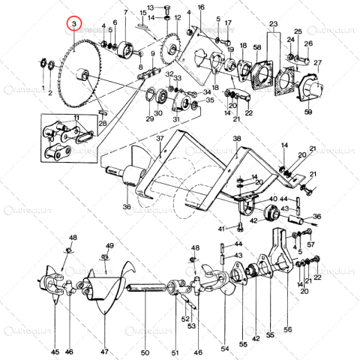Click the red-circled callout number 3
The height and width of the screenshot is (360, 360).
point(73,25)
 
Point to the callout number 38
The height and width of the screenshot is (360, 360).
point(237,139)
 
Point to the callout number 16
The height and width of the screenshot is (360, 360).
point(200,7)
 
